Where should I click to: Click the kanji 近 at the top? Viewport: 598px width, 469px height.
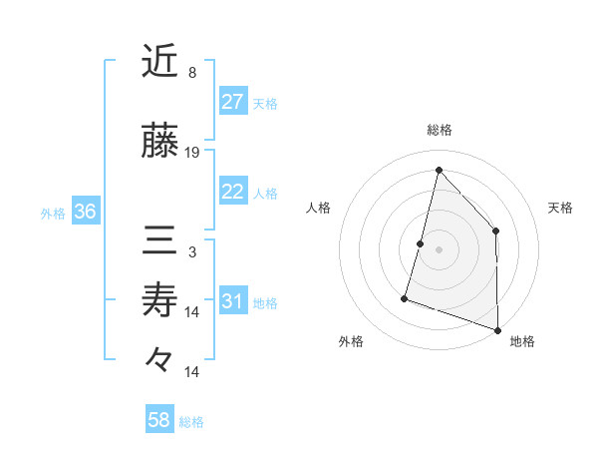(159, 62)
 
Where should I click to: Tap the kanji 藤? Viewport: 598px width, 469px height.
(159, 143)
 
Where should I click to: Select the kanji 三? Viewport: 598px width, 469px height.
(159, 239)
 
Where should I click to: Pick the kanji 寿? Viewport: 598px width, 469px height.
(159, 299)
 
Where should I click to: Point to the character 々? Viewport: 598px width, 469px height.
(159, 359)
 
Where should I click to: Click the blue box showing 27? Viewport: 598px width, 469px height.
(232, 101)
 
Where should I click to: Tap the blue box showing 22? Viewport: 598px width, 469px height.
(232, 192)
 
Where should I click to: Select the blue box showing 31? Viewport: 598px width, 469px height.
(232, 302)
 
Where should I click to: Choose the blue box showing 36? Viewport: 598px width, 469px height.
(86, 212)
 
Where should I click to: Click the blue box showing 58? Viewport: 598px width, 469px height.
(158, 420)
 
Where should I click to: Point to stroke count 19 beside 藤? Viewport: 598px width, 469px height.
(193, 153)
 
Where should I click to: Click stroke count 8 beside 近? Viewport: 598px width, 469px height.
(192, 73)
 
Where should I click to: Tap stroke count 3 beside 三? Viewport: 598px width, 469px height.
(192, 251)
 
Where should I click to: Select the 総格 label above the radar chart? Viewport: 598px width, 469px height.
(439, 130)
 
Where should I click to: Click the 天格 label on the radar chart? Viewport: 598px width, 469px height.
(561, 208)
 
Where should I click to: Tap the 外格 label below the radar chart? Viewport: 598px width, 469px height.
(351, 341)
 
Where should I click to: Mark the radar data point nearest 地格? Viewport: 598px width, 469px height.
(497, 328)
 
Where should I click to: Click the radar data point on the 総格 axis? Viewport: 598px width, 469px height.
(439, 170)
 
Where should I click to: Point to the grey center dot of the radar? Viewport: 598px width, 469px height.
(439, 248)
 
